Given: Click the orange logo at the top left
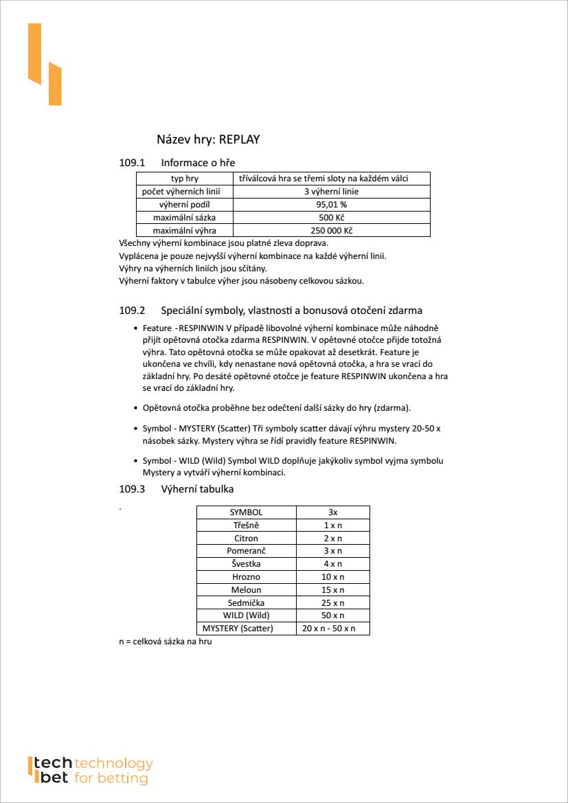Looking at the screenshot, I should point(45,65).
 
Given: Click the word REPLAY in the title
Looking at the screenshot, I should point(240,139).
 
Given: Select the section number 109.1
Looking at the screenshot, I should point(133,163).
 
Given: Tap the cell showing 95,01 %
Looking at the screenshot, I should point(332,205).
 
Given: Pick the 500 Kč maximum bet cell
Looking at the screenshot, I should point(332,218).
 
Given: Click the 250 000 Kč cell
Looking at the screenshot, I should point(332,231).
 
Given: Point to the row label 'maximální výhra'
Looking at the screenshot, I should point(184,231).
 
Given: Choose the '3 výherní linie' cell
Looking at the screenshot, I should point(332,192).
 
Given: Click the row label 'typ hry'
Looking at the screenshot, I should point(184,179).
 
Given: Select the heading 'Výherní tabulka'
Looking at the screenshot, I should point(197,489).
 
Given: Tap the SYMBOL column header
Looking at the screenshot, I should point(246,512).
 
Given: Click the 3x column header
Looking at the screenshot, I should point(333,512).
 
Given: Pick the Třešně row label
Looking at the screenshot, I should point(246,525).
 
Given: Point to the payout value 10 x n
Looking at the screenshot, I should point(333,577).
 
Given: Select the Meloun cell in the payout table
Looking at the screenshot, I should point(246,590).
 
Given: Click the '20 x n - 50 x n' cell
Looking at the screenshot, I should point(333,629).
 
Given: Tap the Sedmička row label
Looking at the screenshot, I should point(246,602).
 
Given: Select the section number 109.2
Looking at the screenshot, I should point(133,310).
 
